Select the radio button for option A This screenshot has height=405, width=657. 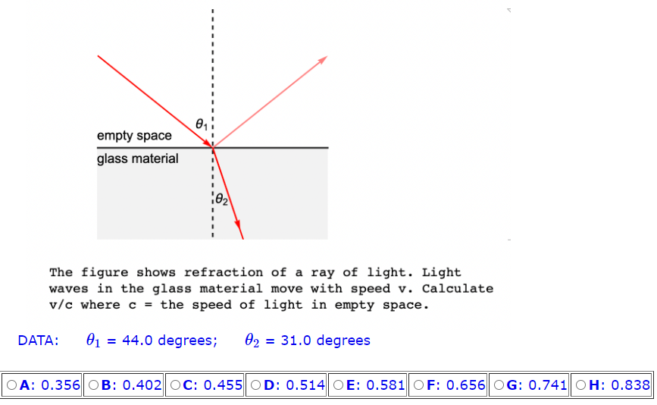tap(12, 385)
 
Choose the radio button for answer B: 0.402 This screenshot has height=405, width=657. tap(94, 385)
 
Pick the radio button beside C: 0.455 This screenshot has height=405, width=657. tap(175, 385)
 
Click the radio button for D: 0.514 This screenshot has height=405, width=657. tap(256, 385)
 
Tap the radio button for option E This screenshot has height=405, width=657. tap(338, 385)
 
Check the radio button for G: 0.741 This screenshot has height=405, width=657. tap(500, 385)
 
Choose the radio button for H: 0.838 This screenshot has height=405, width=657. tap(582, 385)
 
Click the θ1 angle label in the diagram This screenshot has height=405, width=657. tap(200, 123)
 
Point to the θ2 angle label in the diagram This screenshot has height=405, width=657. tap(221, 200)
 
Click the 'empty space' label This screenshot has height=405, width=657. tap(134, 136)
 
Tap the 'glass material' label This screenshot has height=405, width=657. tap(138, 159)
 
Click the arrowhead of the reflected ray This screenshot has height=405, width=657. tap(324, 59)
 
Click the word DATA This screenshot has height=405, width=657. tap(39, 341)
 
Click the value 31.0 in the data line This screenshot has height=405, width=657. tap(296, 341)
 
